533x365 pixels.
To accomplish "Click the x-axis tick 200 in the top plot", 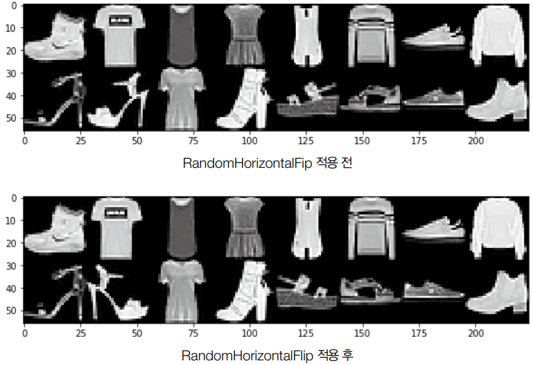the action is (475, 141).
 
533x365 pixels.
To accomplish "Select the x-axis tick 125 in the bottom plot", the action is (305, 332).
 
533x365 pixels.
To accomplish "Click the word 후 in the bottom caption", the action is (345, 356).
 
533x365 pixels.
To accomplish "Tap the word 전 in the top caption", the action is (345, 164).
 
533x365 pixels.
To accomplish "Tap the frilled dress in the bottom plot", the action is (244, 227).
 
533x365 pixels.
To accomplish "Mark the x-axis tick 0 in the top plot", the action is (25, 141).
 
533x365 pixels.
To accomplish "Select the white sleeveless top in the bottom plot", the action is (307, 227).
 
